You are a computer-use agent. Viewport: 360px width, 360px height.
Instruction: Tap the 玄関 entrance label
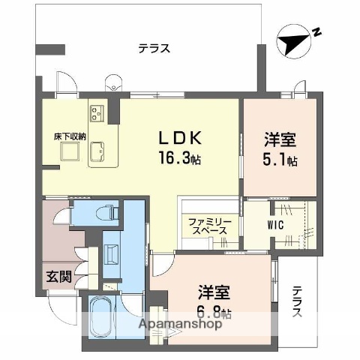coord(61,277)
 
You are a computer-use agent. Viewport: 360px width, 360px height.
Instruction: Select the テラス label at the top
coord(154,49)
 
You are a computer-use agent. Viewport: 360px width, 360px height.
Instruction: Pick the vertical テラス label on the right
coord(298,301)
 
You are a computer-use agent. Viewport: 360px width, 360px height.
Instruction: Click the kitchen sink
coord(98,153)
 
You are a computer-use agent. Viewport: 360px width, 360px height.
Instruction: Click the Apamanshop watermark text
coord(179,325)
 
